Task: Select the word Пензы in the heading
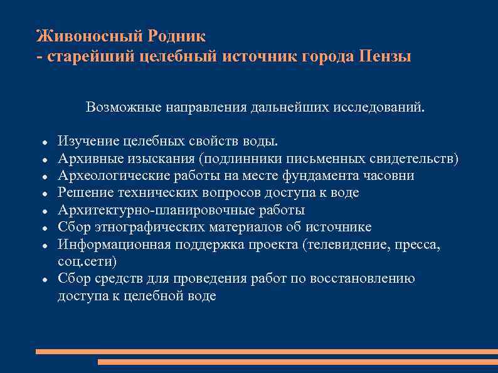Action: pyautogui.click(x=386, y=56)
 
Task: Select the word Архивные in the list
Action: pyautogui.click(x=85, y=158)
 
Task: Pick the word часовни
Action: pyautogui.click(x=388, y=176)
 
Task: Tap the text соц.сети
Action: pyautogui.click(x=87, y=261)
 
